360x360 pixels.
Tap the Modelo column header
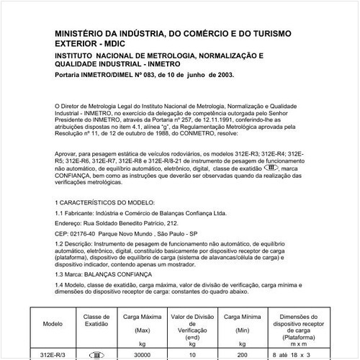tap(53, 324)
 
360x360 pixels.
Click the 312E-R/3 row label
tap(53, 354)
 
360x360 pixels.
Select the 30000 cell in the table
tap(142, 354)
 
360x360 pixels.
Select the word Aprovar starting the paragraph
tap(67, 153)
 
